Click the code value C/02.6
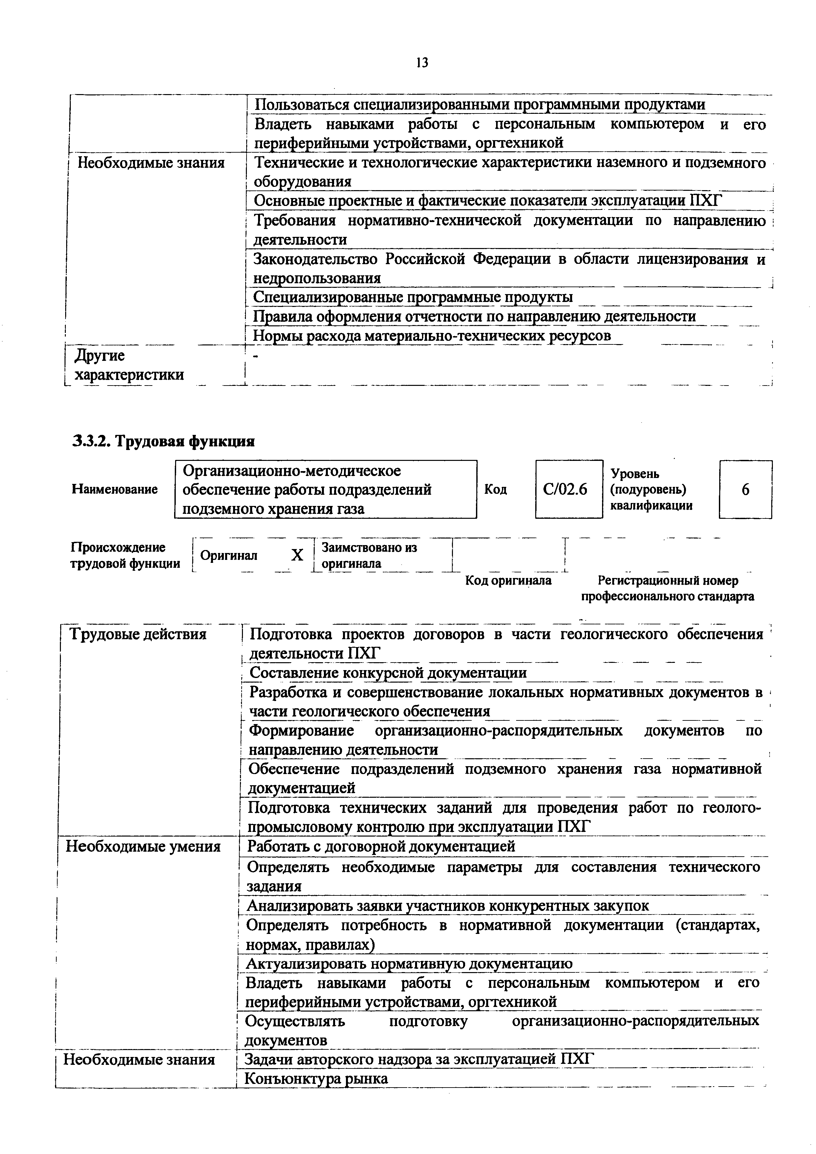569,489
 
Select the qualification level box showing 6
745,489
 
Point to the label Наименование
115,489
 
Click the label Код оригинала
508,581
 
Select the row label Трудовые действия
138,634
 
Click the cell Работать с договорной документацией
382,846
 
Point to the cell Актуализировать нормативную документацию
409,964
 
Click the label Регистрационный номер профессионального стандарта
668,589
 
